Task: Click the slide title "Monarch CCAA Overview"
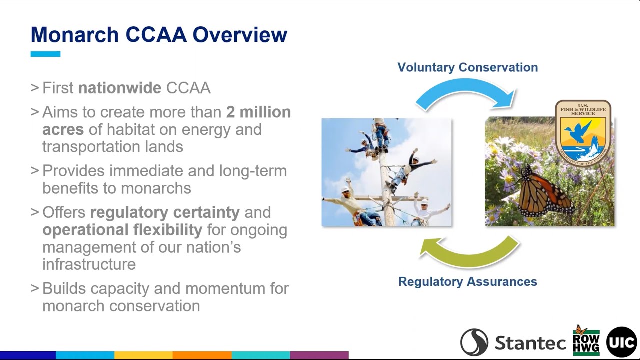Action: [x=159, y=35]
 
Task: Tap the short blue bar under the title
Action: [x=45, y=54]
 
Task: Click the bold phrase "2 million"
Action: [x=258, y=112]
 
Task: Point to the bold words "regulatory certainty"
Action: [x=165, y=212]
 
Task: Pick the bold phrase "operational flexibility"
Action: [x=122, y=230]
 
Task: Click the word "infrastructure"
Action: [x=89, y=264]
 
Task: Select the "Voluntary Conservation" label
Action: [x=467, y=67]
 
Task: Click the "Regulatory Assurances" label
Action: [x=467, y=282]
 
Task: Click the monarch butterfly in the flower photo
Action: [x=542, y=192]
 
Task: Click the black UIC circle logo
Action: [x=621, y=342]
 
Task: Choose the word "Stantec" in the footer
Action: [x=530, y=343]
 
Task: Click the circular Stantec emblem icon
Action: [x=474, y=342]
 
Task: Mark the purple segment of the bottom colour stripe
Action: [x=319, y=355]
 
